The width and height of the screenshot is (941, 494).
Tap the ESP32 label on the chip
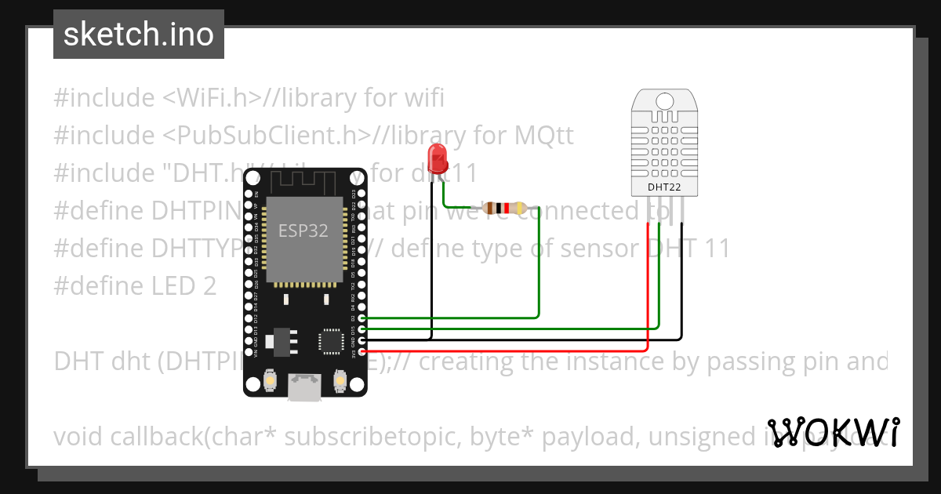(303, 231)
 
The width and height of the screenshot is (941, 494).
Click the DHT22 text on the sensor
(663, 187)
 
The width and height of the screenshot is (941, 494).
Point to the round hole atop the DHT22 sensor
(663, 101)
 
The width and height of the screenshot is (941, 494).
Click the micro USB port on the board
(304, 387)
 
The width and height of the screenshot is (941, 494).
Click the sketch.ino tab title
(139, 35)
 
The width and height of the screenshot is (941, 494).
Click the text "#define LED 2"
(135, 286)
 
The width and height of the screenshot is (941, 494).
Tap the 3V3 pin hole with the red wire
(361, 351)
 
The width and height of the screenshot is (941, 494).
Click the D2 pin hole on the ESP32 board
(361, 318)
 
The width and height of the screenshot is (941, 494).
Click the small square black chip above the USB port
(329, 341)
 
